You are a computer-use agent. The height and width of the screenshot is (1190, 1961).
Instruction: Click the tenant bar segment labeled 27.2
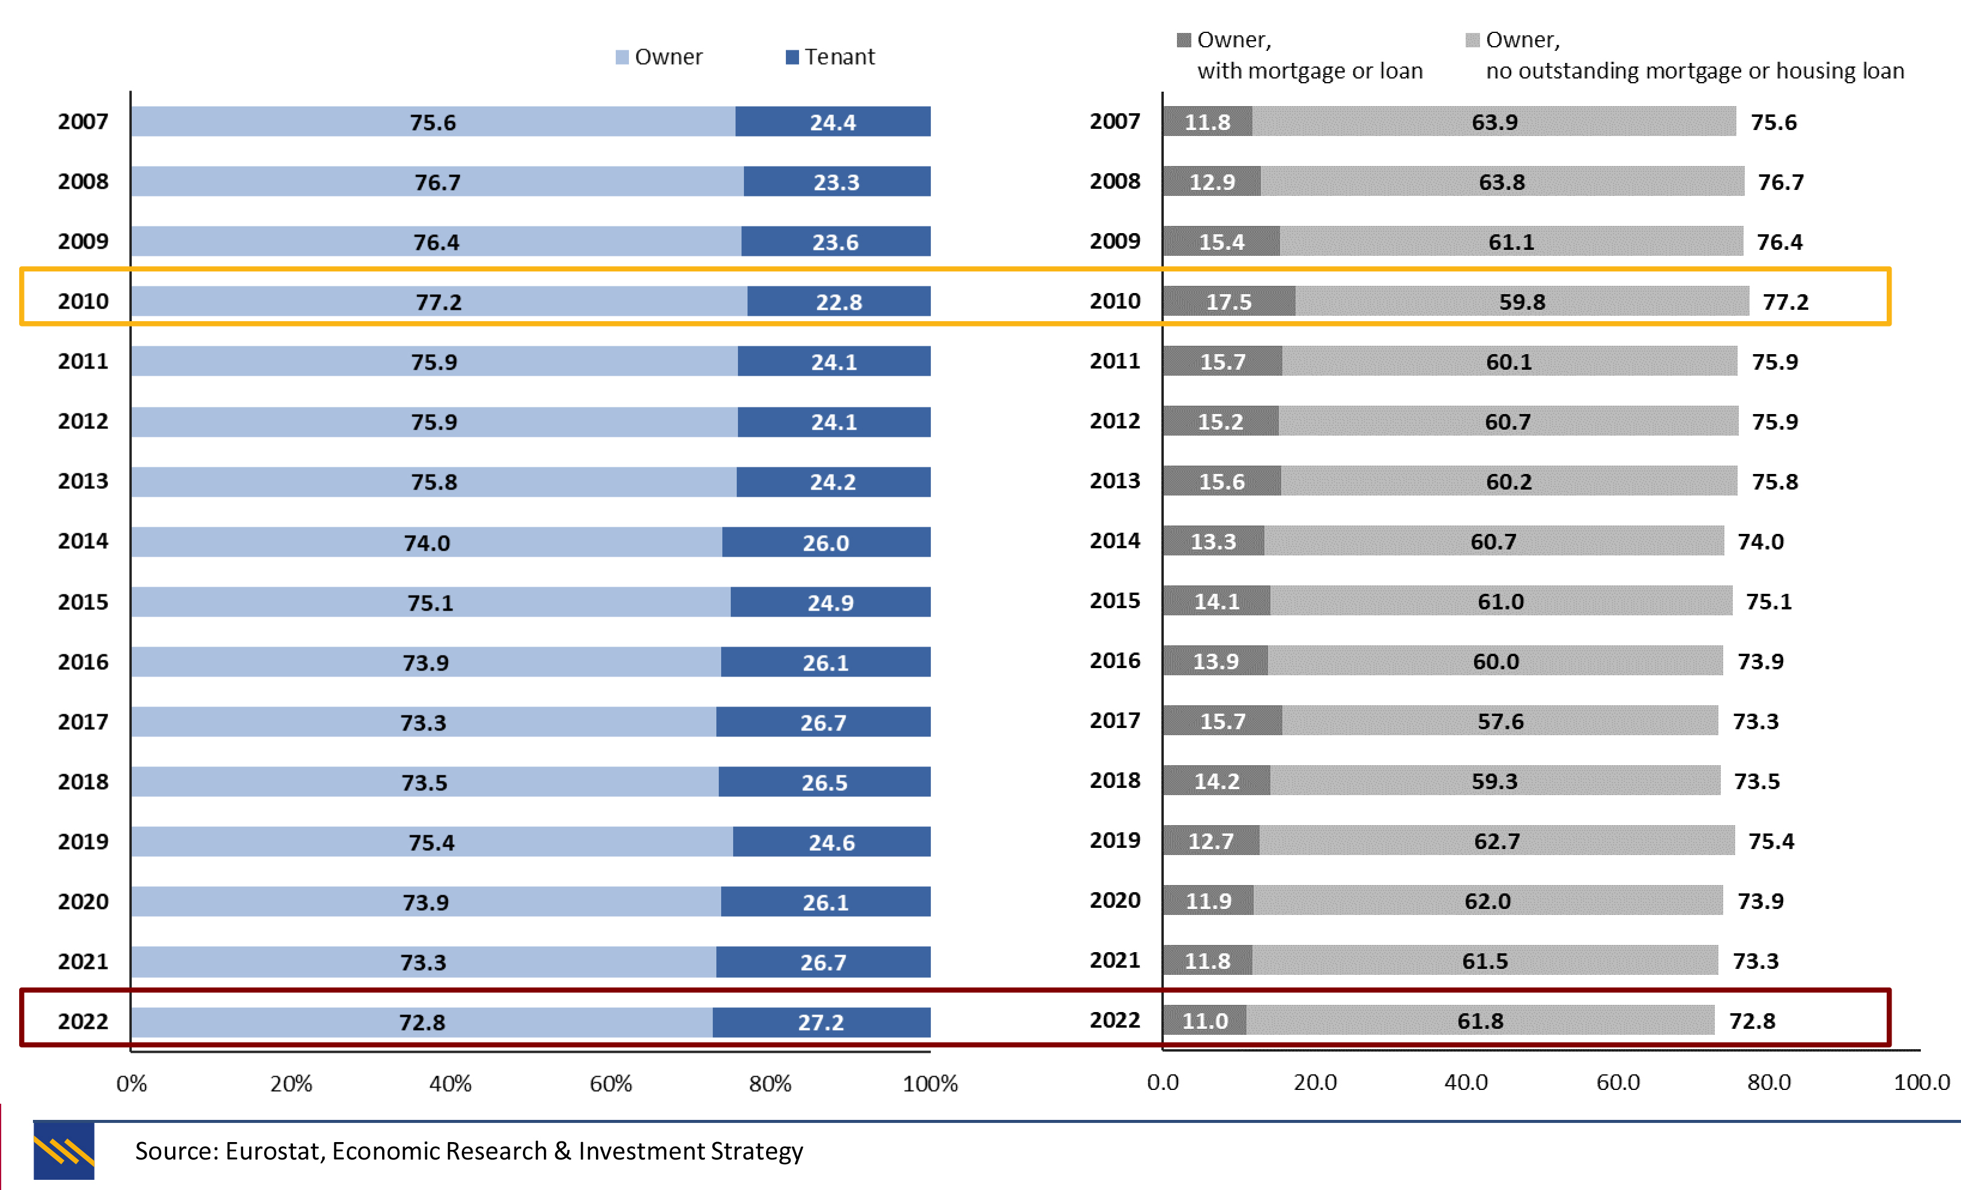[x=821, y=1022]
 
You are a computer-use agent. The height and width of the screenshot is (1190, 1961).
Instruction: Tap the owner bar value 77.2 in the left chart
[x=438, y=301]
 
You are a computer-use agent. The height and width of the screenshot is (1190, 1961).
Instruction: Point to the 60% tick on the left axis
[x=610, y=1083]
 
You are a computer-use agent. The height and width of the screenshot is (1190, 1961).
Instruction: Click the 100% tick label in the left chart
[x=930, y=1083]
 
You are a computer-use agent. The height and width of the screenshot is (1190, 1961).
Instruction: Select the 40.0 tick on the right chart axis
[x=1466, y=1082]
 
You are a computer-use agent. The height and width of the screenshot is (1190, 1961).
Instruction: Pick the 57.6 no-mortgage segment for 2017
[x=1500, y=721]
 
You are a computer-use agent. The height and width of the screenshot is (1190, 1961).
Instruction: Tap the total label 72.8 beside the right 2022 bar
[x=1752, y=1020]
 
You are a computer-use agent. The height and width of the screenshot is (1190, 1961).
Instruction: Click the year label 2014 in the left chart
[x=83, y=541]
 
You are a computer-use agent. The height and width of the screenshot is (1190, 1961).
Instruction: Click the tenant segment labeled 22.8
[x=839, y=301]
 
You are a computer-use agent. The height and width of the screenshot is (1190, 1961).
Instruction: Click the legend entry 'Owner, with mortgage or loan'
[x=1300, y=55]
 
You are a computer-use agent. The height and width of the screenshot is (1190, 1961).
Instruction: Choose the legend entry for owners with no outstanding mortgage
[x=1685, y=55]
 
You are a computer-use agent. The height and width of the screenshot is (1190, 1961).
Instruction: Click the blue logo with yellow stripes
[x=63, y=1150]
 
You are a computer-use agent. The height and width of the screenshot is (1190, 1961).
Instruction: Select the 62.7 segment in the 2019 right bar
[x=1496, y=841]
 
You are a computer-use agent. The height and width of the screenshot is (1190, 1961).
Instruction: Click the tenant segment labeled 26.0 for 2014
[x=825, y=543]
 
